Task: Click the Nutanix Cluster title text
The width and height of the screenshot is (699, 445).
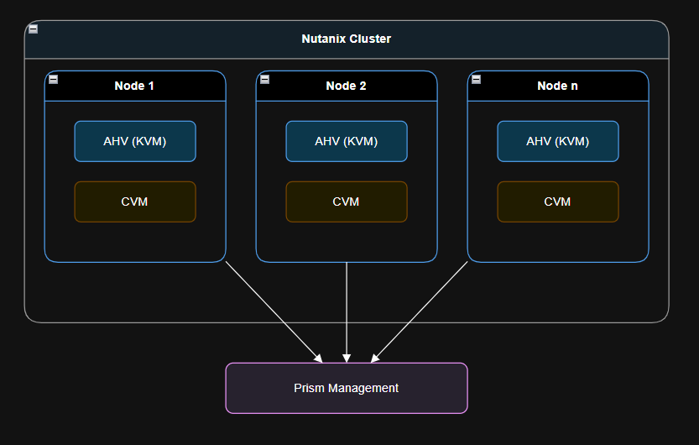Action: [x=346, y=39]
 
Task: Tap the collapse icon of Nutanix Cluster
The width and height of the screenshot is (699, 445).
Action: [x=33, y=29]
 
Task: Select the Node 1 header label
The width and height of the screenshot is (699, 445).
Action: [x=134, y=86]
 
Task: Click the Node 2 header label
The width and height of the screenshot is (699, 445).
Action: [x=346, y=86]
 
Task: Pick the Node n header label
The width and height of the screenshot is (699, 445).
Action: [x=557, y=86]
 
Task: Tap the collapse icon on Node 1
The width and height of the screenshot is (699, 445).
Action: [x=53, y=79]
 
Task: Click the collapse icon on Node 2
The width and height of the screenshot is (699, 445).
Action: [x=264, y=79]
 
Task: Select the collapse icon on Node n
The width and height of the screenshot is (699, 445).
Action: [x=476, y=79]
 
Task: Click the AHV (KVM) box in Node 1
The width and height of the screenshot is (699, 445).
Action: [x=134, y=141]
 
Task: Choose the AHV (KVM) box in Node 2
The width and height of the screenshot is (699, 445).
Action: [x=346, y=141]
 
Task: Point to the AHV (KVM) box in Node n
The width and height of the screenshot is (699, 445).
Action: [x=557, y=141]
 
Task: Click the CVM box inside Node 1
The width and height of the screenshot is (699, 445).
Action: [x=134, y=202]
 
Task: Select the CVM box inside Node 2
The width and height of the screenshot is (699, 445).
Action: [x=346, y=202]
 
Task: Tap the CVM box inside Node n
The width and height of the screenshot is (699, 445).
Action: [x=557, y=202]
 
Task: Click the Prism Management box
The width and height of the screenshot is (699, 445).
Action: [x=346, y=388]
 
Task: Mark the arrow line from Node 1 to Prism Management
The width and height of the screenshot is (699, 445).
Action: [x=273, y=311]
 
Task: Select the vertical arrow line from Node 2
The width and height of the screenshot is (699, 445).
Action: [x=347, y=311]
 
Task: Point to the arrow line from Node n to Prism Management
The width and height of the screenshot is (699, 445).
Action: [x=420, y=311]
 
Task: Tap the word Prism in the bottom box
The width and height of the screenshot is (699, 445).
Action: [x=308, y=388]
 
